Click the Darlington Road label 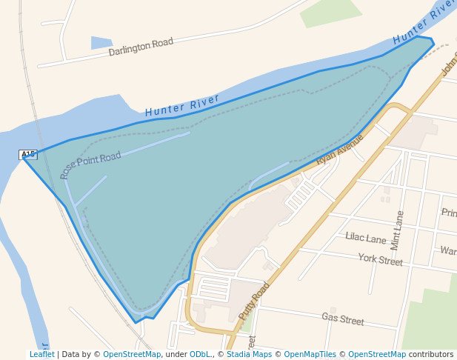coord(141,47)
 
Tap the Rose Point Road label coord(90,165)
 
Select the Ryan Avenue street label coord(340,150)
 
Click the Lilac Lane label coord(366,238)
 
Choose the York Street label coord(380,260)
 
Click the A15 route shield coord(28,154)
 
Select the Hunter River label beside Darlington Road coord(182,106)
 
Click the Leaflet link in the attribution coord(41,354)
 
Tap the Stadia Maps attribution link coord(249,354)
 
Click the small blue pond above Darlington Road coord(101,42)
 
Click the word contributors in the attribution coord(431,354)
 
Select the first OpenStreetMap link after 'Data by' coord(132,354)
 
